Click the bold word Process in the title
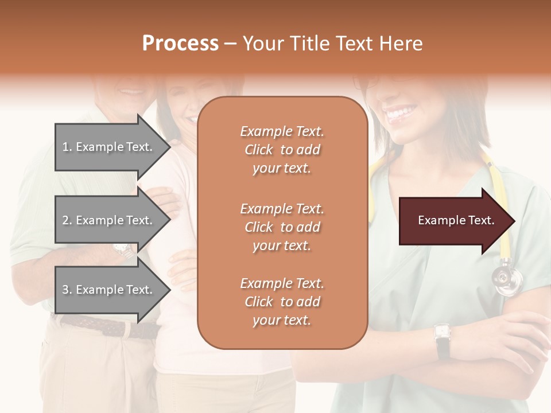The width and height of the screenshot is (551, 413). [180, 44]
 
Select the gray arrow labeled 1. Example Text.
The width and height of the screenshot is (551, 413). [109, 147]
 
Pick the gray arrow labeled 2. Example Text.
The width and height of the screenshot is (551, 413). [109, 220]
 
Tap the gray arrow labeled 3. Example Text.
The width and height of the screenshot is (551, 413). [109, 290]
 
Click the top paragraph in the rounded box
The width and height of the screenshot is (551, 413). [282, 150]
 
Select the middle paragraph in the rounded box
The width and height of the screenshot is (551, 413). [282, 227]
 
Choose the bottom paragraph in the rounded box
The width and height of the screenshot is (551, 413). [282, 302]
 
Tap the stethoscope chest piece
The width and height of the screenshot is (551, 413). [508, 280]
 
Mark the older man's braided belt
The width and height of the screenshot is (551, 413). [109, 326]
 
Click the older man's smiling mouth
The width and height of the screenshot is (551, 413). [132, 90]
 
